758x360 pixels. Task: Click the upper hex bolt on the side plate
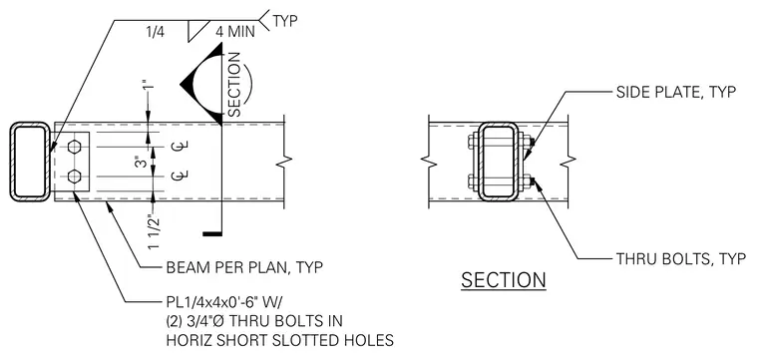(74, 147)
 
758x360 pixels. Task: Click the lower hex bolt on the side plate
(74, 177)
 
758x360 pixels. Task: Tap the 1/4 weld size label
(156, 32)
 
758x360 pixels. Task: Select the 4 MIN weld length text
(235, 32)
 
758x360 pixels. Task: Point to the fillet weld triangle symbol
(195, 31)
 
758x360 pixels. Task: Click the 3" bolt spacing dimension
(141, 162)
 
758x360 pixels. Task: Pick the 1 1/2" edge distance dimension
(154, 231)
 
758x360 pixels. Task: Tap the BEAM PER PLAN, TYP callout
(244, 267)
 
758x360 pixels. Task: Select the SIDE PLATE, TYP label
(676, 92)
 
